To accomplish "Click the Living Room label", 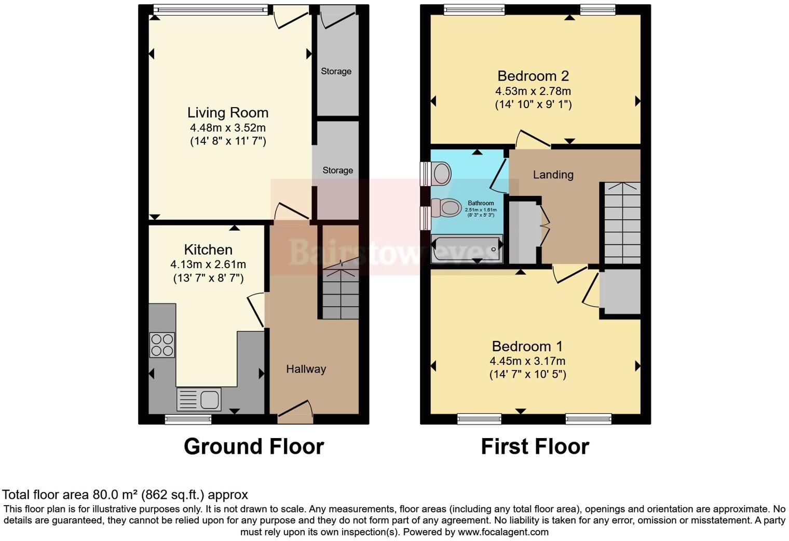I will pyautogui.click(x=228, y=113).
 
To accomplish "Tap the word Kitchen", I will pyautogui.click(x=208, y=249).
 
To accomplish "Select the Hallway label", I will pyautogui.click(x=306, y=369).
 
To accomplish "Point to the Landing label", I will pyautogui.click(x=553, y=175).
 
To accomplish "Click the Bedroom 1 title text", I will pyautogui.click(x=527, y=346).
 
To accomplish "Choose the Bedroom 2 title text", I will pyautogui.click(x=533, y=76).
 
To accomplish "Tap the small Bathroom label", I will pyautogui.click(x=481, y=203).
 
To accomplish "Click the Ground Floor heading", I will pyautogui.click(x=254, y=446).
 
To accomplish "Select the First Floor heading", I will pyautogui.click(x=535, y=446).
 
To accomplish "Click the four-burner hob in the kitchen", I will pyautogui.click(x=162, y=345).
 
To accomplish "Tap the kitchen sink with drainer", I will pyautogui.click(x=199, y=400).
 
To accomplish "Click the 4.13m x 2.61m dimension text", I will pyautogui.click(x=208, y=265).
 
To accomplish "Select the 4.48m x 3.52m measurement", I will pyautogui.click(x=228, y=128).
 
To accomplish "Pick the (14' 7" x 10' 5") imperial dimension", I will pyautogui.click(x=527, y=374).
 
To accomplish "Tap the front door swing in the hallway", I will pyautogui.click(x=296, y=408).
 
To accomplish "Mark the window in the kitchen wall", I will pyautogui.click(x=188, y=419).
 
